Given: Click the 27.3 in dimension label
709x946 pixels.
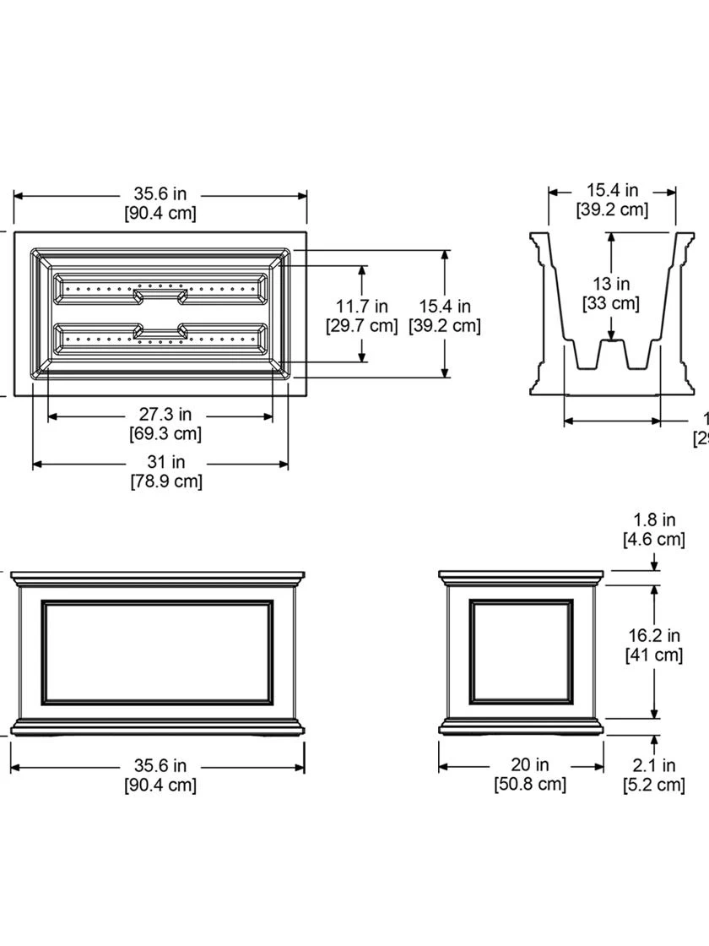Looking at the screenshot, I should pos(165,415).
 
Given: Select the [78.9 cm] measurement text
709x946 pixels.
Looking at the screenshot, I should pos(166,481).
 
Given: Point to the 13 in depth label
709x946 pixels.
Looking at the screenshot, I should pos(610,284).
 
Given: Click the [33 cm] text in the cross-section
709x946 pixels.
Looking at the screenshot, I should pos(610,303).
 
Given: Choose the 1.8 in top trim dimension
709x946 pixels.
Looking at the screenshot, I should pos(654,520).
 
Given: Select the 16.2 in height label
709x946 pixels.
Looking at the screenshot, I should pos(654,635).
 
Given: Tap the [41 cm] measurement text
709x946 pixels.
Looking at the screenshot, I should pos(654,655).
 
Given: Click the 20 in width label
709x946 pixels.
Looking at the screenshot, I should pos(530,764).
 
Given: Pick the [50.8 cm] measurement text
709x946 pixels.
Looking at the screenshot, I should pos(530,785).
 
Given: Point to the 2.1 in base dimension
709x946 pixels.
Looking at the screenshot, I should pos(654,766).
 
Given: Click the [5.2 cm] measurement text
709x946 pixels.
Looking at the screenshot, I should pos(654,786).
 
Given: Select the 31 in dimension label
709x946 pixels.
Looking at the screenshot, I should pos(166,462).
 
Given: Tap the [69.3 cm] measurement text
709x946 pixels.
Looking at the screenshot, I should pos(165,434).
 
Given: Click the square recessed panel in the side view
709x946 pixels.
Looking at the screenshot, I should pos(521,650).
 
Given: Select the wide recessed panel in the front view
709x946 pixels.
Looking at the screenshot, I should pos(158,651).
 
